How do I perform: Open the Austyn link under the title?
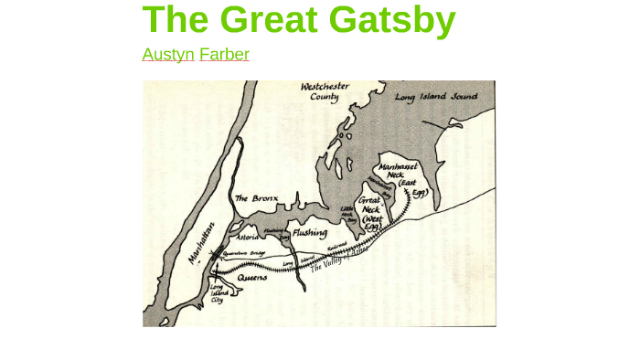tap(168, 54)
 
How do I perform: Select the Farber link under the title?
tap(224, 54)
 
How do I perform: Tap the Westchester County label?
tap(325, 90)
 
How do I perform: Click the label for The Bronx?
tap(255, 197)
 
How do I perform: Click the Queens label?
tap(252, 276)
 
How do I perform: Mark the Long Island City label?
tap(217, 292)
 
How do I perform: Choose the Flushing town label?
tap(310, 233)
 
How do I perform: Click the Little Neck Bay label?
tap(347, 215)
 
